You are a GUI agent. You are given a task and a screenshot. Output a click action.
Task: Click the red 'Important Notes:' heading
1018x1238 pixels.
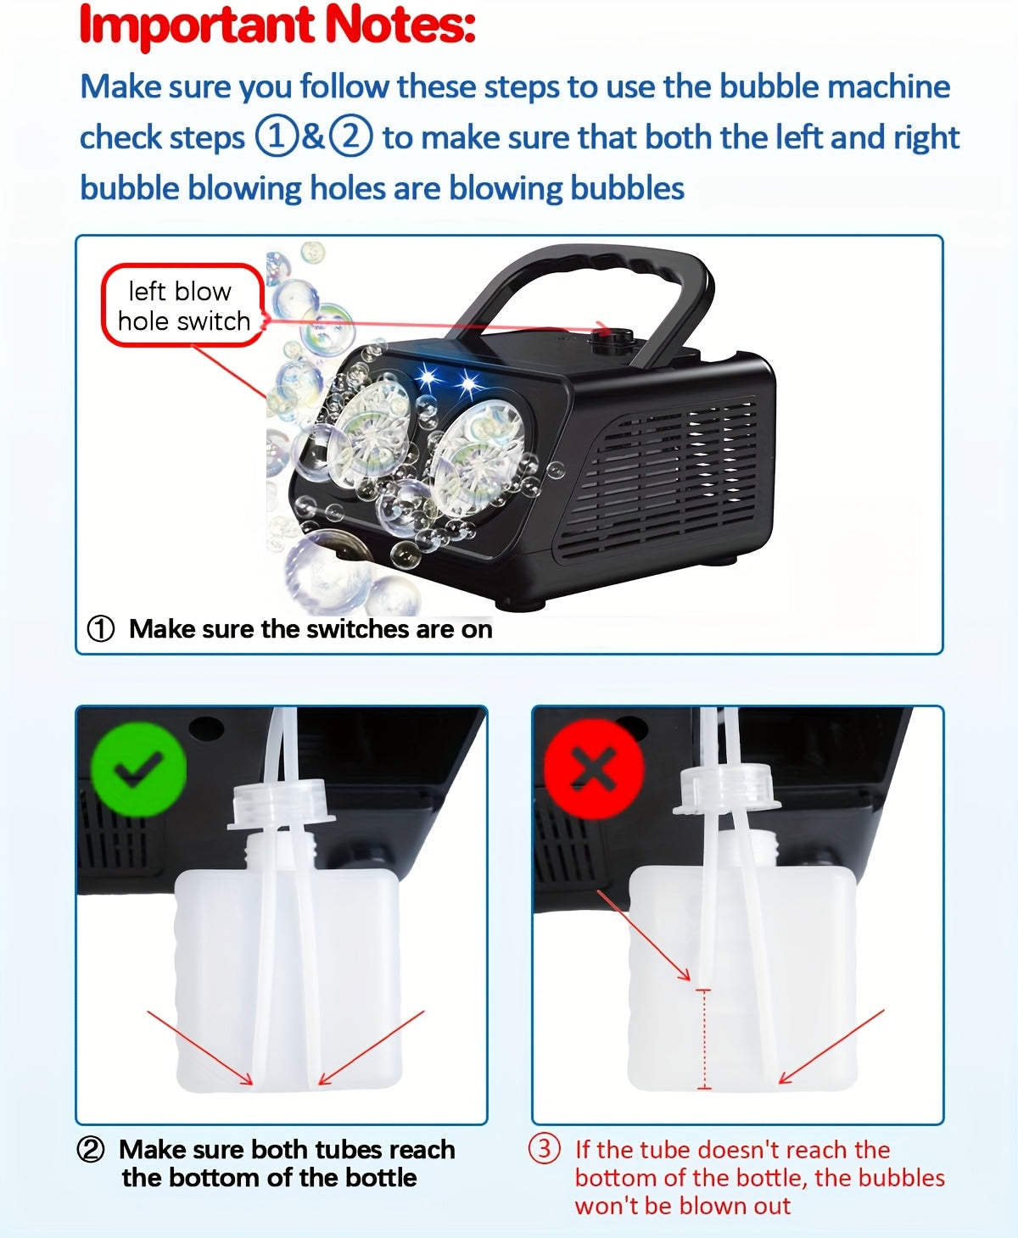click(x=277, y=25)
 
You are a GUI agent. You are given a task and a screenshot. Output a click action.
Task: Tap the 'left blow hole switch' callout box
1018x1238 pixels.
click(x=183, y=306)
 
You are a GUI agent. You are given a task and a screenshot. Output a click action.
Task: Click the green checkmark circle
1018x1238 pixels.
click(x=138, y=770)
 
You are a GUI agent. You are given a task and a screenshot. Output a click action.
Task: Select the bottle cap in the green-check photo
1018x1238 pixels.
click(x=281, y=803)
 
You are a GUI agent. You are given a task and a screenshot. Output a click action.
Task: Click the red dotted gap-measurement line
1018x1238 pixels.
click(x=703, y=1039)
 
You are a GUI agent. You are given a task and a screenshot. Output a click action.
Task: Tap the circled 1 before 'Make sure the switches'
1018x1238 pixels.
click(x=101, y=629)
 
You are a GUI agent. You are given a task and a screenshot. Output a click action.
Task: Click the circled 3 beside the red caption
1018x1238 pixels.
click(x=545, y=1149)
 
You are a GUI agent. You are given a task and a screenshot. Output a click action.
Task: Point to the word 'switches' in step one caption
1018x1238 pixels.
click(x=356, y=629)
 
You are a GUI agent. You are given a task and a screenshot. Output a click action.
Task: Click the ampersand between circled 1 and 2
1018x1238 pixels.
click(x=314, y=137)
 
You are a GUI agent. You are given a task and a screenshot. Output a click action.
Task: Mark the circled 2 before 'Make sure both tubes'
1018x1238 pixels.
click(x=91, y=1150)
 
